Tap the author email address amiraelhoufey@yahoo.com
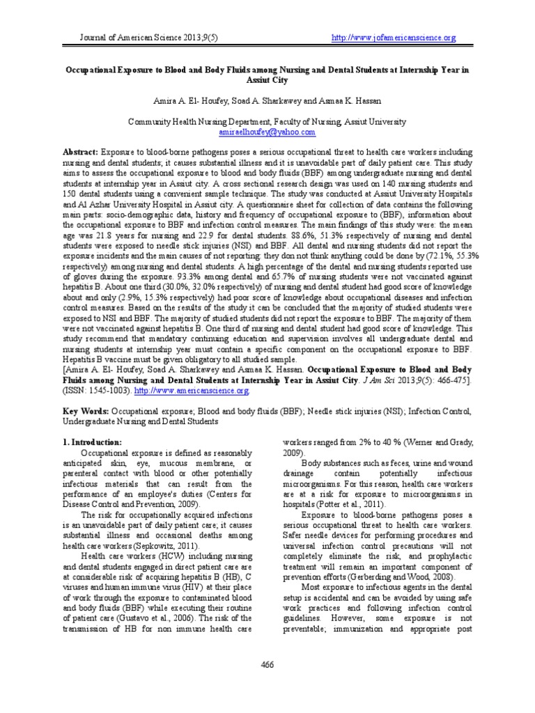(267, 132)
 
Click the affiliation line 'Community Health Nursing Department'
(267, 122)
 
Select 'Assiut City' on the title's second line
(267, 81)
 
